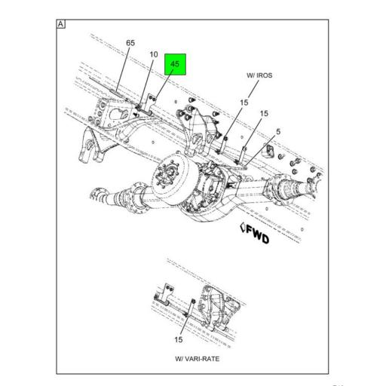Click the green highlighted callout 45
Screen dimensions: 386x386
(175, 66)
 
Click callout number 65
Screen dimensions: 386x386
(130, 43)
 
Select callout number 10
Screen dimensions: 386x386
(153, 54)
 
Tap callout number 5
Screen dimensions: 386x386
(278, 132)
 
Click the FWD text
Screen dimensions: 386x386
(256, 232)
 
